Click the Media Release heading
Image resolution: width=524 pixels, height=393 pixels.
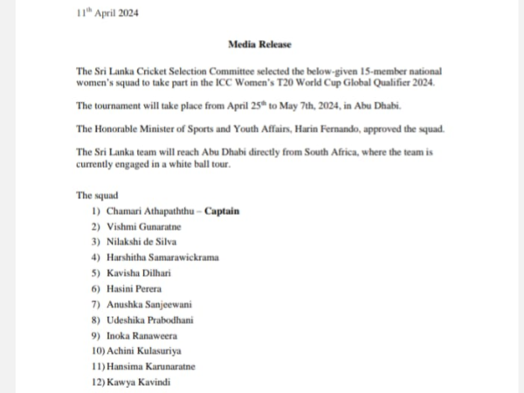(259, 44)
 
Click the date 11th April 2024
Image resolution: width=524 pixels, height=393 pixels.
(107, 12)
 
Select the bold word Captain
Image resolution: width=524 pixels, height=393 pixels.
(222, 210)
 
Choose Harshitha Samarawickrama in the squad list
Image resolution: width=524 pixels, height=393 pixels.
(162, 258)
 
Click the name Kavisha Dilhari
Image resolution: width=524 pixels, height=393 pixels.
(139, 273)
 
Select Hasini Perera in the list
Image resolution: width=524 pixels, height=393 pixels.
(134, 288)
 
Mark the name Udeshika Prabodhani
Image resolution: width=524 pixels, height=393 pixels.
(149, 320)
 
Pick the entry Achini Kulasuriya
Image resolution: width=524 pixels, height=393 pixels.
(144, 350)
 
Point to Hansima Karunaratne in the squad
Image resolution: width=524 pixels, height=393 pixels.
(151, 366)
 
